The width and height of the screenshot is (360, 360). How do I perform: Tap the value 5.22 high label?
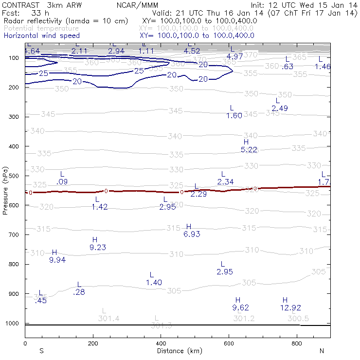[249, 150]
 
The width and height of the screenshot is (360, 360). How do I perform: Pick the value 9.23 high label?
[98, 247]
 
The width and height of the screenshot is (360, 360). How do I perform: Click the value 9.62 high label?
[241, 307]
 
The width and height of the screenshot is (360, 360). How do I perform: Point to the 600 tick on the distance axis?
[229, 343]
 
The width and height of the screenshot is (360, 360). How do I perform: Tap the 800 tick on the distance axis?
[297, 343]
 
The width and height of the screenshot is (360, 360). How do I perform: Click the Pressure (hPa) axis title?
[5, 190]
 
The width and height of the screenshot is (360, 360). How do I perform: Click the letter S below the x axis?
[42, 351]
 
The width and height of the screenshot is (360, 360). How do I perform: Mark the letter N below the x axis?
[321, 351]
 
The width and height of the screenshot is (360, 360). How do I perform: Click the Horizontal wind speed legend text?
[41, 36]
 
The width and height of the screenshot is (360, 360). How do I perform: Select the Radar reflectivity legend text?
[66, 22]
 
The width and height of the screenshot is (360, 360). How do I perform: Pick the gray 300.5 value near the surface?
[298, 319]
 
